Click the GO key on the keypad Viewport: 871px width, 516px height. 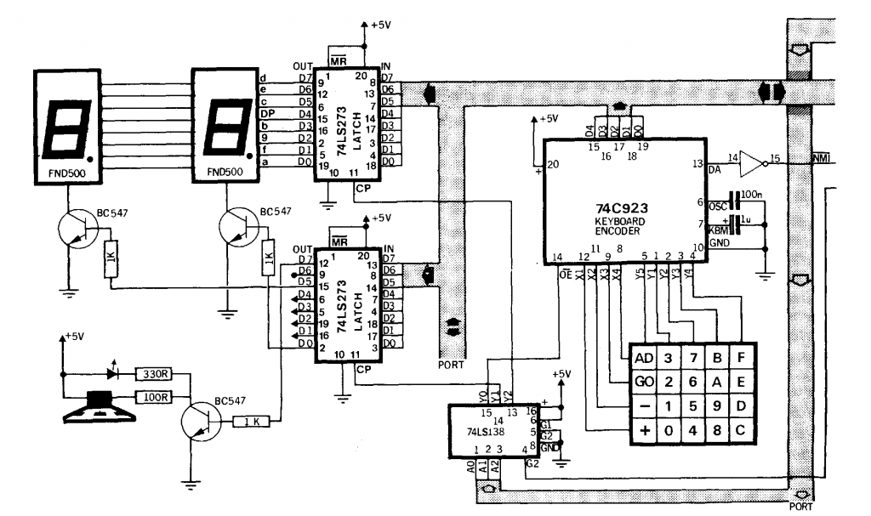pyautogui.click(x=643, y=381)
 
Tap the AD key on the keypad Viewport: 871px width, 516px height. pyautogui.click(x=643, y=356)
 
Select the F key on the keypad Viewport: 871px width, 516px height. pyautogui.click(x=742, y=356)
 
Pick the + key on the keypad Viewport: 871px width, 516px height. pyautogui.click(x=643, y=430)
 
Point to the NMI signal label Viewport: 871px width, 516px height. pyautogui.click(x=820, y=159)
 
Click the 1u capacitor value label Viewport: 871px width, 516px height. pyautogui.click(x=747, y=219)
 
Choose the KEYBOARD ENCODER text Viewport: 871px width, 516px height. pyautogui.click(x=621, y=225)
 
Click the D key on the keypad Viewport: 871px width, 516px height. pyautogui.click(x=742, y=405)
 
